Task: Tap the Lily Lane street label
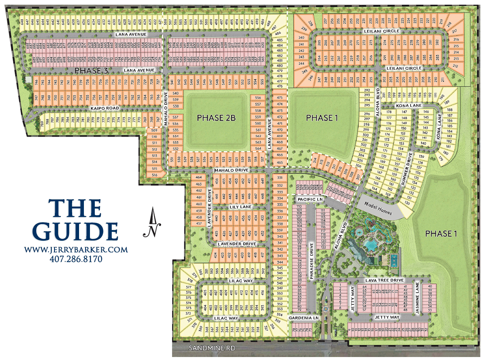pos(240,207)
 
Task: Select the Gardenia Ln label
pos(304,318)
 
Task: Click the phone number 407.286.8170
pos(75,259)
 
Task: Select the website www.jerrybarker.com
pos(76,250)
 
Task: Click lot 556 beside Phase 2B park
pos(258,98)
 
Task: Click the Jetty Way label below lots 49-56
pos(386,318)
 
